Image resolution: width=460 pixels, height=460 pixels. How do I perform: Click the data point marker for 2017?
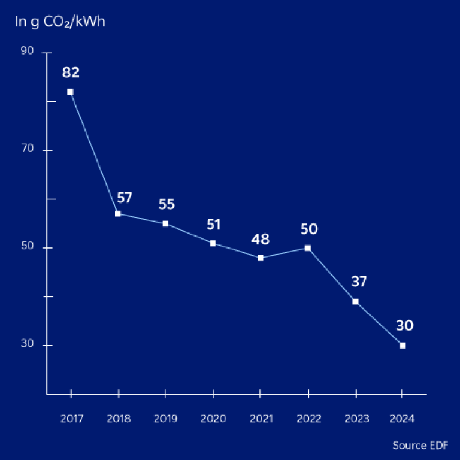[x=70, y=92]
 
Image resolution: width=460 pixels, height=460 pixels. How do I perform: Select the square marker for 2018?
[x=118, y=214]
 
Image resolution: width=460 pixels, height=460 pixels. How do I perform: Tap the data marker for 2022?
[x=308, y=248]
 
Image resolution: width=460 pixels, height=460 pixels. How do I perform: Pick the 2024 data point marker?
[x=402, y=346]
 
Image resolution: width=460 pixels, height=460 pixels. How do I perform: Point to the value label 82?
[x=71, y=73]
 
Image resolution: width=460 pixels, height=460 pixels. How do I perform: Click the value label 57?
[x=125, y=198]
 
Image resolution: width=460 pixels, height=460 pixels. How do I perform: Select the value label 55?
[x=167, y=204]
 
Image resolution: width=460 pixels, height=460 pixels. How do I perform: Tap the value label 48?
[x=261, y=240]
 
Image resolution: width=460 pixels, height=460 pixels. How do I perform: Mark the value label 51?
[x=213, y=225]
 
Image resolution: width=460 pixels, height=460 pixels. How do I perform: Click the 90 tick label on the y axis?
[x=27, y=53]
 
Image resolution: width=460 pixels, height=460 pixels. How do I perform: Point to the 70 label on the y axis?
[x=27, y=150]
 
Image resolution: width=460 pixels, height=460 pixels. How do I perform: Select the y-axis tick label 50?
[x=27, y=248]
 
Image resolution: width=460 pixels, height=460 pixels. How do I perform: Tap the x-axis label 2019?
[x=165, y=419]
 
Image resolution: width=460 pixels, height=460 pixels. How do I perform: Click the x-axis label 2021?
[x=261, y=419]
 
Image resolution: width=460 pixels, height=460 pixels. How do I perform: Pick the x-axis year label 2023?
[x=356, y=419]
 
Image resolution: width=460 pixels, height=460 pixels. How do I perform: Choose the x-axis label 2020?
[x=213, y=419]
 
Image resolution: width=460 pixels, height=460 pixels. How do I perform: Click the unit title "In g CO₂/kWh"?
[x=60, y=23]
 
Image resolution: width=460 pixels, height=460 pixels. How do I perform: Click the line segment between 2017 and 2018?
[x=94, y=153]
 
